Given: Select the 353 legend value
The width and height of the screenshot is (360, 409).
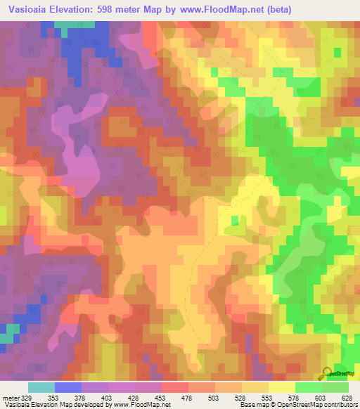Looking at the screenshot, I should tap(52, 397).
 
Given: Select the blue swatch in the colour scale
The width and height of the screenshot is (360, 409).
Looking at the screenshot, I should tap(68, 387).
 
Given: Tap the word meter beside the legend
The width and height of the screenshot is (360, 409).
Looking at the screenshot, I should tap(11, 397).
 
